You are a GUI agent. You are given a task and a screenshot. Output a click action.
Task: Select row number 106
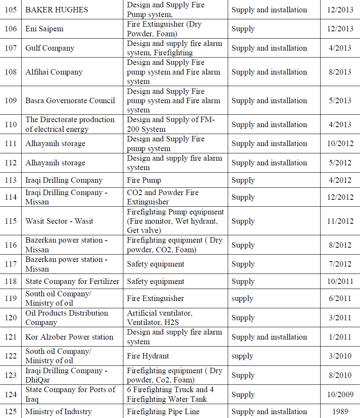pyautogui.click(x=11, y=29)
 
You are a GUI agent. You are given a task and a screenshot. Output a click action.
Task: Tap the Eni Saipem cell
pyautogui.click(x=44, y=29)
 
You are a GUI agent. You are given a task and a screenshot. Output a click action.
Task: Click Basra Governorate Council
pyautogui.click(x=70, y=100)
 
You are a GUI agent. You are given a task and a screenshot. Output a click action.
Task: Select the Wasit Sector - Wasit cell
pyautogui.click(x=59, y=221)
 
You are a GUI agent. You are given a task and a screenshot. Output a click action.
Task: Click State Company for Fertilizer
pyautogui.click(x=72, y=281)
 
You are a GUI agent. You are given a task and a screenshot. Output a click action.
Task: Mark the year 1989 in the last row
pyautogui.click(x=340, y=412)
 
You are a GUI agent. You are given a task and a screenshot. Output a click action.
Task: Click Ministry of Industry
pyautogui.click(x=58, y=412)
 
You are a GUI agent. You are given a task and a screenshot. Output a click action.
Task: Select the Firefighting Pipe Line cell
pyautogui.click(x=163, y=412)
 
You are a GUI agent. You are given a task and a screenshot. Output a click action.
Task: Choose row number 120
pyautogui.click(x=11, y=318)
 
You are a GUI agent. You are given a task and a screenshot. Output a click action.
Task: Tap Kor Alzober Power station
pyautogui.click(x=70, y=337)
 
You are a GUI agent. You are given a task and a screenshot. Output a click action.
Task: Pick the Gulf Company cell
pyautogui.click(x=49, y=48)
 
